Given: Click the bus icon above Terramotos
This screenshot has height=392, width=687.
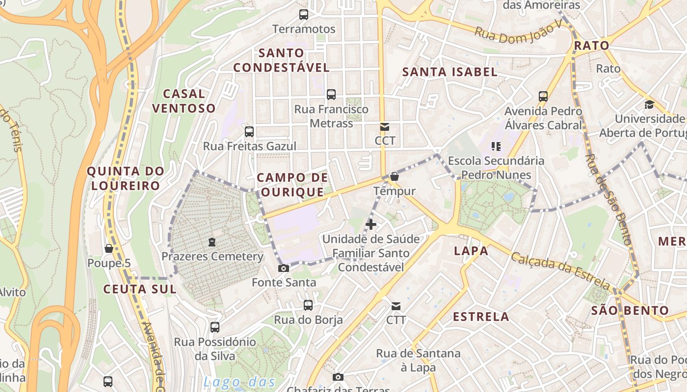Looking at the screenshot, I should pyautogui.click(x=304, y=15).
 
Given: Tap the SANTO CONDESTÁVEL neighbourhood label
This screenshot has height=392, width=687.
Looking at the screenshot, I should pyautogui.click(x=281, y=60).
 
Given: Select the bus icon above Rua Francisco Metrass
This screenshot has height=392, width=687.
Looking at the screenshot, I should pyautogui.click(x=331, y=94).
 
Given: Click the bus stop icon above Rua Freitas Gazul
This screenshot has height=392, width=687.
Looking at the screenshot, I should pyautogui.click(x=249, y=131).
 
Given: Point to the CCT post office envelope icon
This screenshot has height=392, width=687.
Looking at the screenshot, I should pyautogui.click(x=385, y=127).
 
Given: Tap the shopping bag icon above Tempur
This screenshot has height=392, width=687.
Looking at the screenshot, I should pyautogui.click(x=395, y=176).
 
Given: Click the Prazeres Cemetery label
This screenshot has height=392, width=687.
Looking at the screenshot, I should pyautogui.click(x=212, y=256).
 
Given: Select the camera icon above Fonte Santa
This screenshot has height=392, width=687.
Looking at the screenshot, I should pyautogui.click(x=283, y=268).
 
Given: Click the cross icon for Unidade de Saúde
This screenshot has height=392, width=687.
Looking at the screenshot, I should pyautogui.click(x=371, y=224).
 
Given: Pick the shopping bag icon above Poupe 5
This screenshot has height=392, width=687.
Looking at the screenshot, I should pyautogui.click(x=109, y=249).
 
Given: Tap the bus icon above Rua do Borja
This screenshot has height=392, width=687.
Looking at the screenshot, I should pyautogui.click(x=308, y=305).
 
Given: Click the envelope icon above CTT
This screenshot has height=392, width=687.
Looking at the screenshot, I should pyautogui.click(x=396, y=306).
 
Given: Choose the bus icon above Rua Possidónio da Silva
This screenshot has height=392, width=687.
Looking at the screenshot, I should pyautogui.click(x=215, y=327).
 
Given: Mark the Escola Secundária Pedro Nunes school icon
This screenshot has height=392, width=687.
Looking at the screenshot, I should pyautogui.click(x=496, y=146).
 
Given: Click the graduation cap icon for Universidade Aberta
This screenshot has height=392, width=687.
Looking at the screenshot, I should pyautogui.click(x=649, y=104).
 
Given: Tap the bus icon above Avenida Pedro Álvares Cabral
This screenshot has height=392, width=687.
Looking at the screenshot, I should pyautogui.click(x=543, y=96).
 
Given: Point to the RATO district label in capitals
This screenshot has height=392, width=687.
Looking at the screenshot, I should pyautogui.click(x=591, y=46).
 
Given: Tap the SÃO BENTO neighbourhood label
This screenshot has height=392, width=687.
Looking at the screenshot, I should pyautogui.click(x=630, y=310).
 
